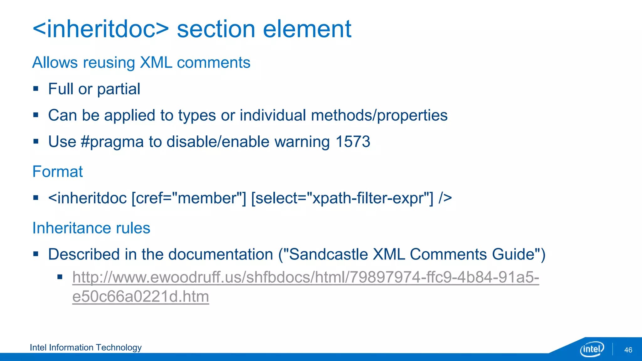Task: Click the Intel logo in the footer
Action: (592, 349)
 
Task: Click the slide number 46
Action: (628, 350)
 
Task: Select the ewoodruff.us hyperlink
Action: (305, 278)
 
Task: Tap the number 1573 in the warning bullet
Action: (353, 142)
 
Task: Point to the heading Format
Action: (58, 172)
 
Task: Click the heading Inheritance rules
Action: (91, 228)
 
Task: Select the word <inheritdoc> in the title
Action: (101, 29)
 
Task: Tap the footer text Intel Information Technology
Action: (86, 348)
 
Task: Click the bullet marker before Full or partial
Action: (36, 89)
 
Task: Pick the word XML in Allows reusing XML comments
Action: (156, 63)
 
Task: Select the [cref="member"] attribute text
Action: (189, 198)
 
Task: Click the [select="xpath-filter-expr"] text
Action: (342, 198)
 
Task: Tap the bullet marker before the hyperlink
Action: (60, 277)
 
